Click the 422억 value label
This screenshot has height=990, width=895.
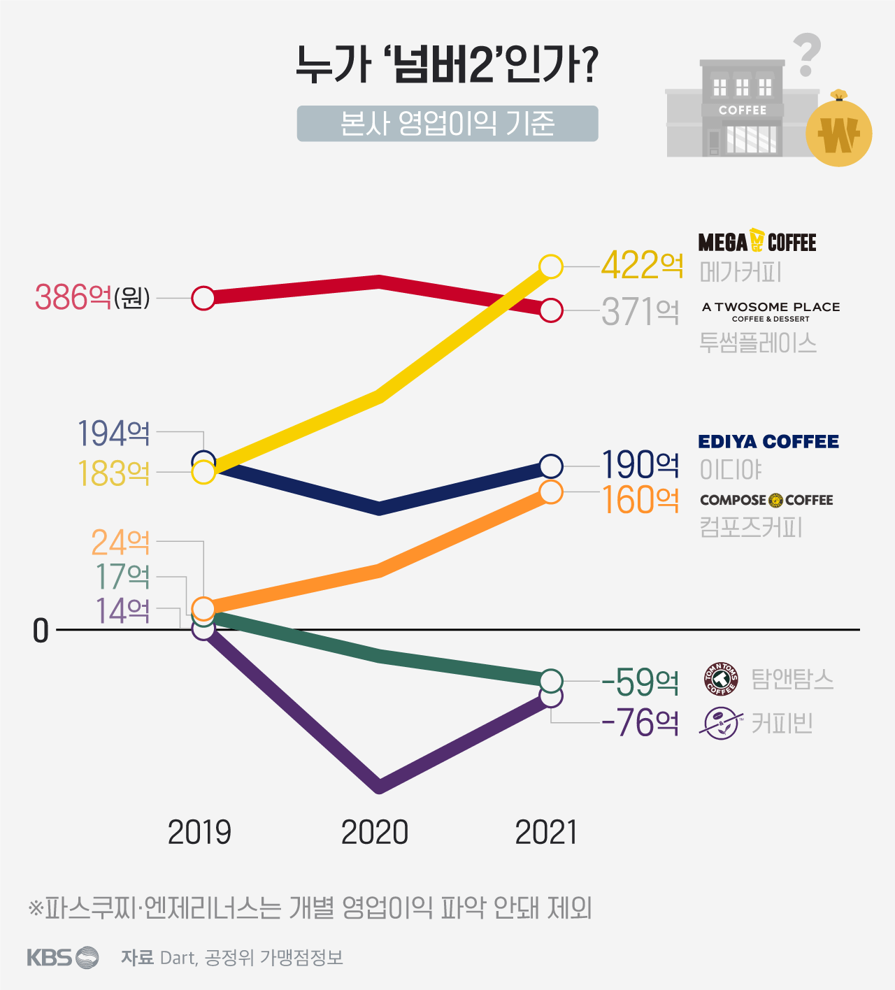coord(641,266)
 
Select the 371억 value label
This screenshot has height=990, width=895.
coord(640,312)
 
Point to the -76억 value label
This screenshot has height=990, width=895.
coord(640,723)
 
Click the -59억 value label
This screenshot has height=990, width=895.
coord(640,682)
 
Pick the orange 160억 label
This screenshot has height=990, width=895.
coord(640,500)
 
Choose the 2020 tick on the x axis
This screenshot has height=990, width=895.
coord(375,833)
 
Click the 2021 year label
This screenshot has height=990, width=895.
coord(546,833)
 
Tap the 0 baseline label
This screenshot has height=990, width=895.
coord(41,631)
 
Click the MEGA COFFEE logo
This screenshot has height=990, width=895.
coord(757,242)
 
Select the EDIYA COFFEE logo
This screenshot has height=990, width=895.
coord(768,442)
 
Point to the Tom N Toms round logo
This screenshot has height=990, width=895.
coord(721,679)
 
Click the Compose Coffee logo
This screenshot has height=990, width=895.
coord(766,500)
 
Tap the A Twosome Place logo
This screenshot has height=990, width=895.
coord(771,311)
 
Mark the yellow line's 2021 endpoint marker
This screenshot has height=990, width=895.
coord(551,266)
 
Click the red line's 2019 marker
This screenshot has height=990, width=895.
coord(203,298)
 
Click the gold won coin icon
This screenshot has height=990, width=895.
coord(838,132)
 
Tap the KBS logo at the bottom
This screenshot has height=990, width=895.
coord(62,956)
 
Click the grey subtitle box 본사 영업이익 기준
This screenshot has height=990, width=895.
coord(447,124)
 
